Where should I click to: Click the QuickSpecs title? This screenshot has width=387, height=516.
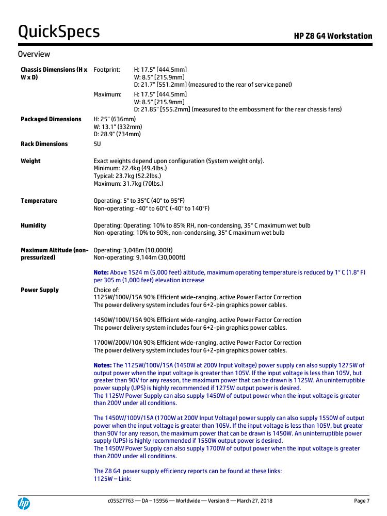59,32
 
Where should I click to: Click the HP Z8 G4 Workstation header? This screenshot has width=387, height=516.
333,36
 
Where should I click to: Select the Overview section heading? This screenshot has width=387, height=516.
34,54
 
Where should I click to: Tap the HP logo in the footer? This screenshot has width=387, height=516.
24,504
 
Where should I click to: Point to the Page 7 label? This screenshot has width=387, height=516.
361,501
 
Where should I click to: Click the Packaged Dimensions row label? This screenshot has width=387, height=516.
51,119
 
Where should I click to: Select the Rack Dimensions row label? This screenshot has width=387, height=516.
44,144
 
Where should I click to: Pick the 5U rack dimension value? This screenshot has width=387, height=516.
98,144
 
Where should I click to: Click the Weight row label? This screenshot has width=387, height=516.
30,161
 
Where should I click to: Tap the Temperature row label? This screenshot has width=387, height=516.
39,201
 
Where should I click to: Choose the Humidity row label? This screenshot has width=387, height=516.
34,225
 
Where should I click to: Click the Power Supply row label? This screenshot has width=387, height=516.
40,290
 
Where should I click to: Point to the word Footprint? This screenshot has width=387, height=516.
107,70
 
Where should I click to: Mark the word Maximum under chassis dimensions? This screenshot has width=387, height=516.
107,94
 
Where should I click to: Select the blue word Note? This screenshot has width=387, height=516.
101,272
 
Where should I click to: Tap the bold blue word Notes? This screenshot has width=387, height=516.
103,365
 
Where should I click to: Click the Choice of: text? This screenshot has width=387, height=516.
106,290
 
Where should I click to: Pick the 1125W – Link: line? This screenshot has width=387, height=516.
112,478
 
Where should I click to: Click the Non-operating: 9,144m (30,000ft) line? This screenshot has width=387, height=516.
139,257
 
